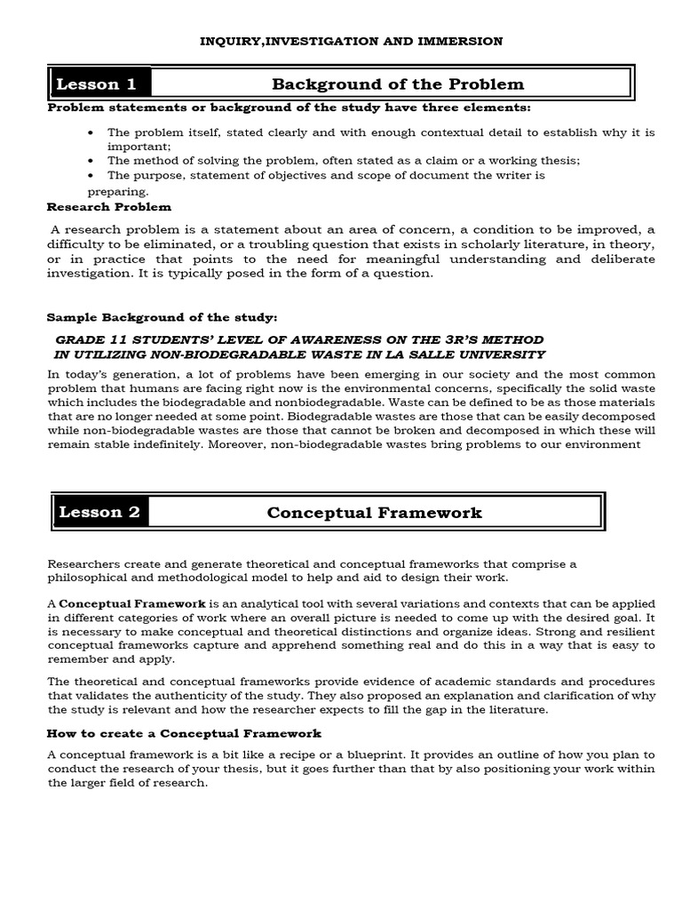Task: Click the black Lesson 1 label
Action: pyautogui.click(x=99, y=84)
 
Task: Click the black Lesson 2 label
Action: pyautogui.click(x=100, y=512)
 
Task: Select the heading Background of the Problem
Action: pyautogui.click(x=397, y=84)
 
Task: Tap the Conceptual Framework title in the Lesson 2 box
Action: pyautogui.click(x=374, y=512)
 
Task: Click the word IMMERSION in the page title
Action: pyautogui.click(x=465, y=41)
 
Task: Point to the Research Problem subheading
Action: pyautogui.click(x=109, y=207)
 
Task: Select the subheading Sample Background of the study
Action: pyautogui.click(x=162, y=317)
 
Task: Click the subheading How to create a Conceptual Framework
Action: pyautogui.click(x=184, y=733)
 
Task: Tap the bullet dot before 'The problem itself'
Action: pyautogui.click(x=92, y=132)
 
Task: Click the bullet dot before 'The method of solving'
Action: pyautogui.click(x=92, y=161)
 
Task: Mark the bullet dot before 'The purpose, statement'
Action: pyautogui.click(x=92, y=175)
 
